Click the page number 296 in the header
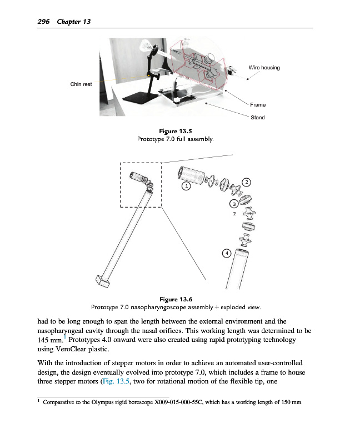[43, 22]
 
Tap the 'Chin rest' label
[81, 84]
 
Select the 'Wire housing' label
[264, 68]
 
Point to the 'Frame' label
[258, 105]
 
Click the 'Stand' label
[258, 118]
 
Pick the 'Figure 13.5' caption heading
[176, 132]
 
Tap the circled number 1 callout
[187, 186]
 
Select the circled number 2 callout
[247, 181]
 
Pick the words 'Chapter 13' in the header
[73, 22]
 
